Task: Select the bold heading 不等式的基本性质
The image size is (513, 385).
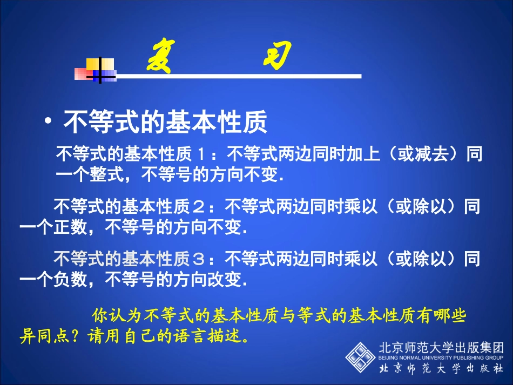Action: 165,122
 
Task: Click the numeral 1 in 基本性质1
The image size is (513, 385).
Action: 200,155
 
